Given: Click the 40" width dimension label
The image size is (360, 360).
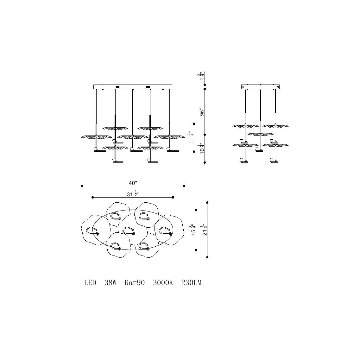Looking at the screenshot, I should click(x=133, y=183).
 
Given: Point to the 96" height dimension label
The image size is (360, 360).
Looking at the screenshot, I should click(x=202, y=112).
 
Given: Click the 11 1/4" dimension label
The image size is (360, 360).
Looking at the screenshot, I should click(x=191, y=138).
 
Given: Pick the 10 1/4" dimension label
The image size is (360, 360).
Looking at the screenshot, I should click(x=201, y=148).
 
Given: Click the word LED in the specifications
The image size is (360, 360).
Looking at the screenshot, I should click(x=90, y=283).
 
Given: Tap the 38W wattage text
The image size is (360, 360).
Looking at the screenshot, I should click(x=111, y=283).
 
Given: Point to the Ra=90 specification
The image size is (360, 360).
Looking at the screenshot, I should click(x=135, y=283).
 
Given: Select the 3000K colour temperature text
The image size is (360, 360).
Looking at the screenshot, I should click(x=163, y=283).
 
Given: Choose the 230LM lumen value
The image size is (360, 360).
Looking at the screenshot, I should click(x=191, y=283).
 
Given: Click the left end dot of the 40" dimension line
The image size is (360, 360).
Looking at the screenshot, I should click(x=82, y=186).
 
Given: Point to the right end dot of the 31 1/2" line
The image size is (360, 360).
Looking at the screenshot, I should click(x=173, y=197).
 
